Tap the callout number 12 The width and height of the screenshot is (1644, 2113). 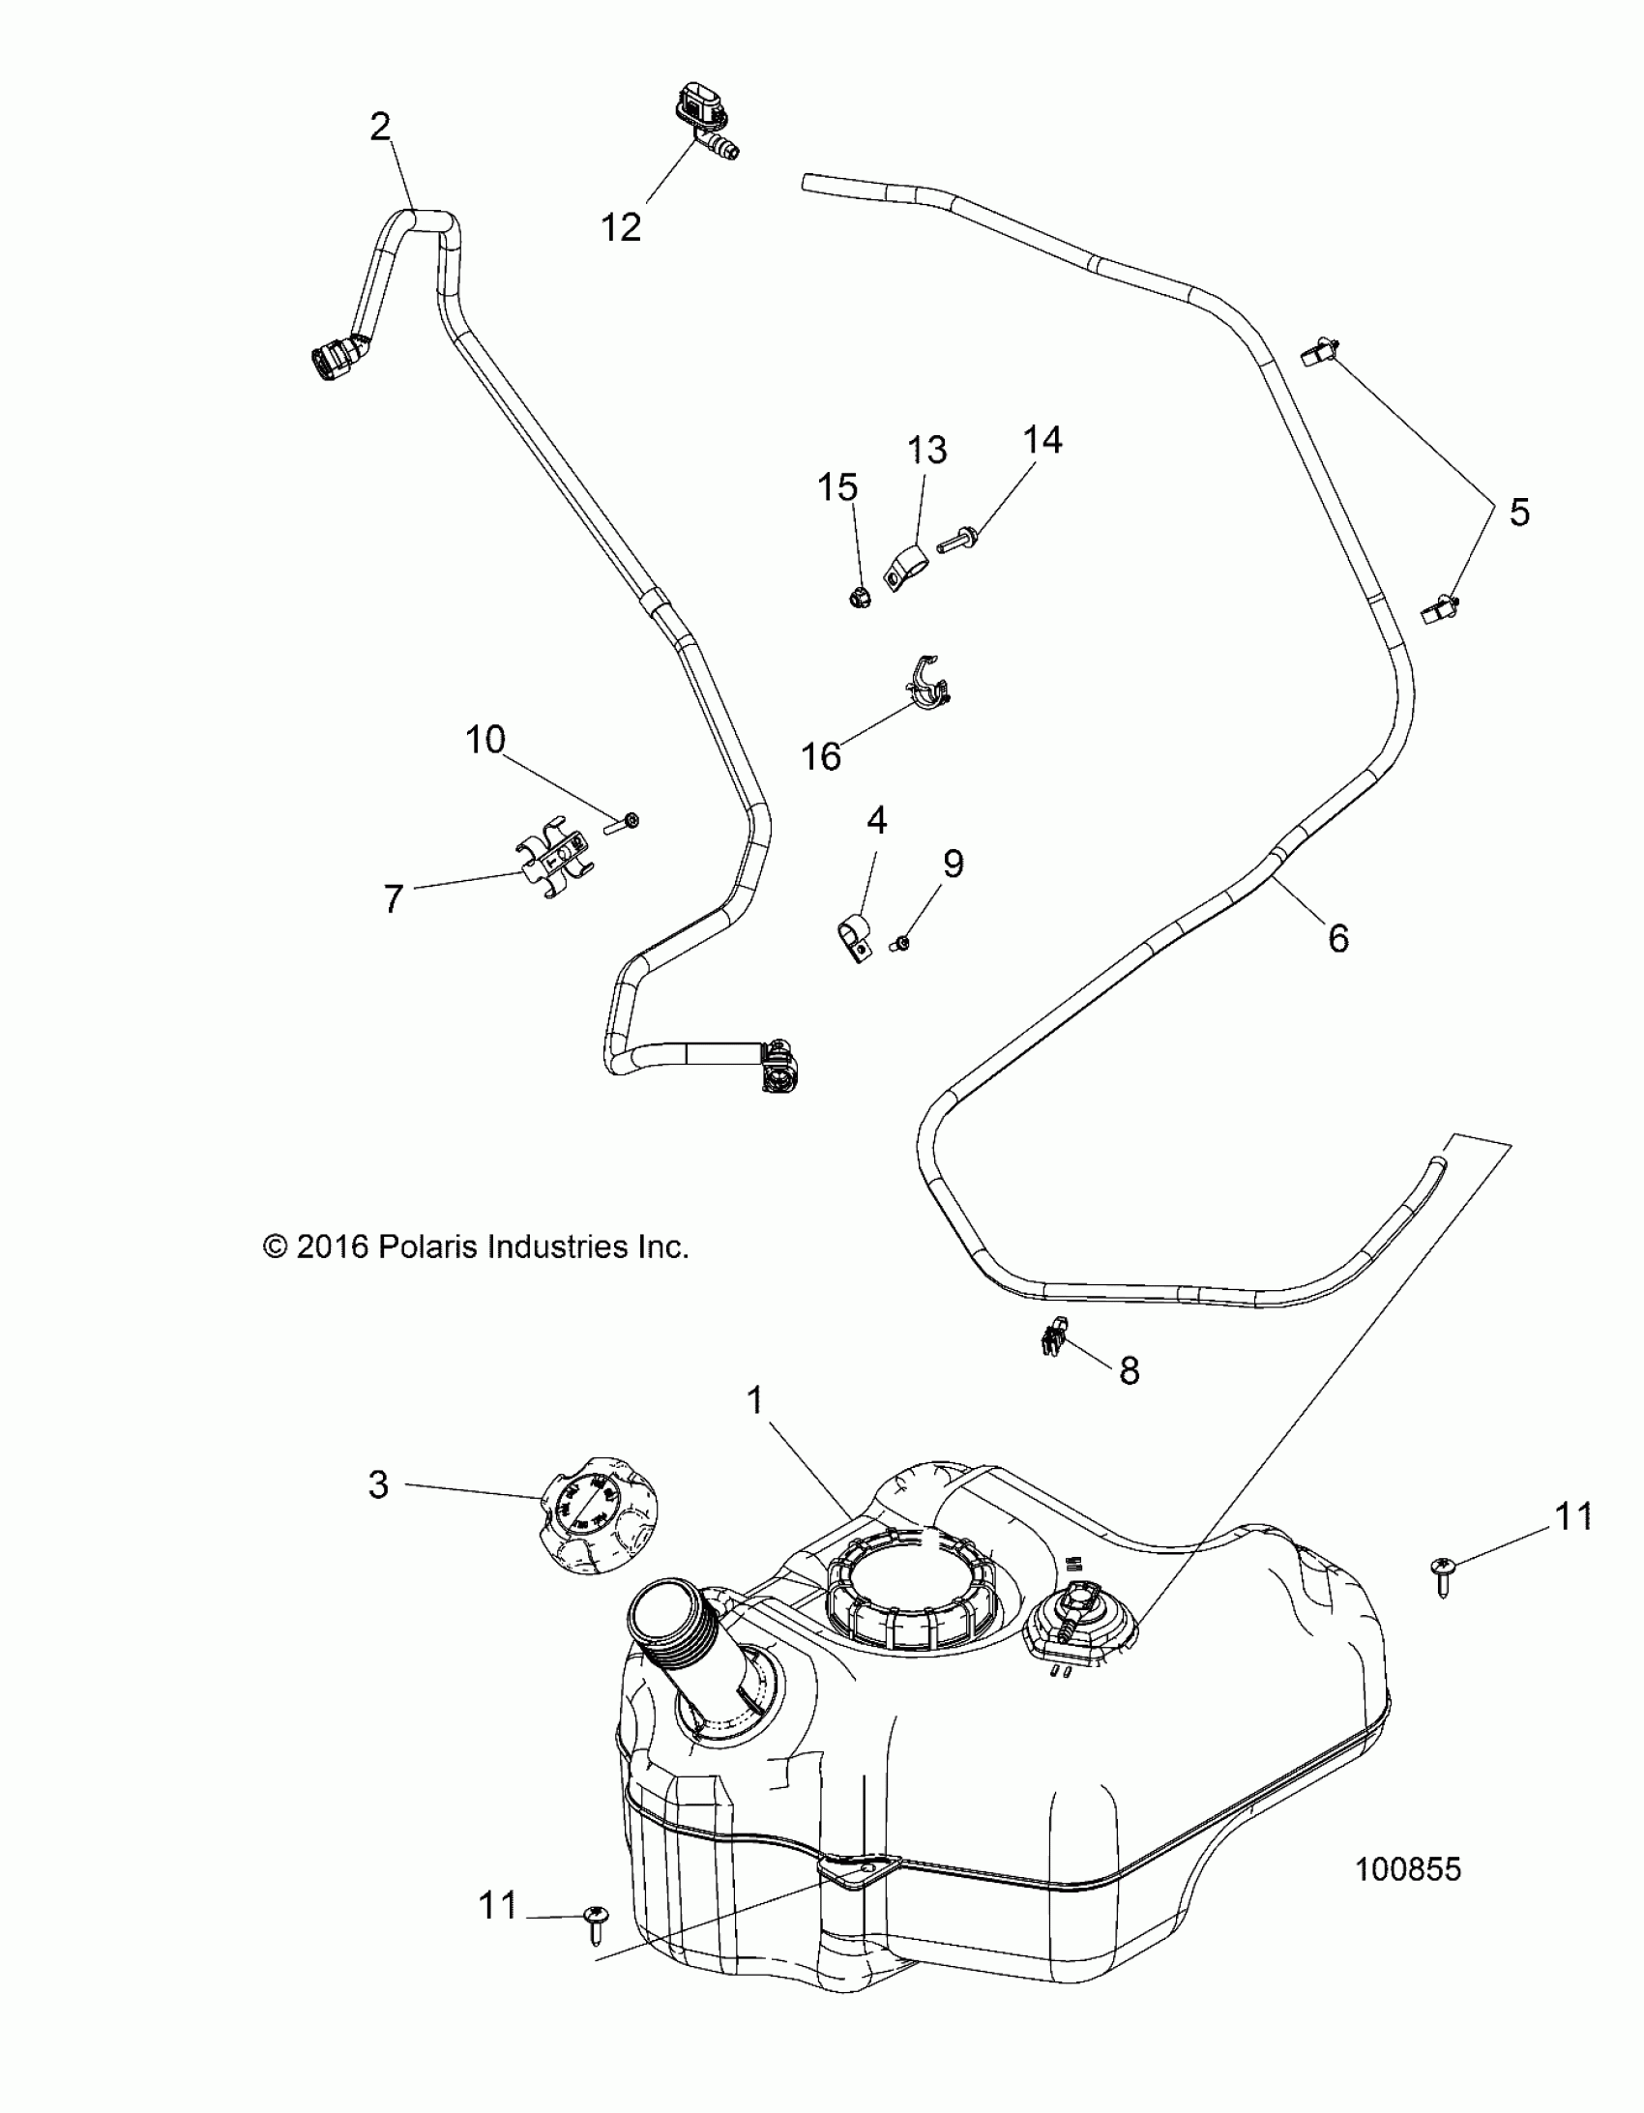pos(621,227)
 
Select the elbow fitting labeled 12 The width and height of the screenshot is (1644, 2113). pos(703,124)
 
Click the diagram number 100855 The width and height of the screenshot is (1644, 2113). pos(1408,1869)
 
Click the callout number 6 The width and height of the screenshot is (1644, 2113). pos(1338,937)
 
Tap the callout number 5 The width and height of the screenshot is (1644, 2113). pos(1519,512)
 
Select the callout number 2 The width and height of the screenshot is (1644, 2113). pos(380,127)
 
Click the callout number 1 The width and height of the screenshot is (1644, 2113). pos(755,1399)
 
